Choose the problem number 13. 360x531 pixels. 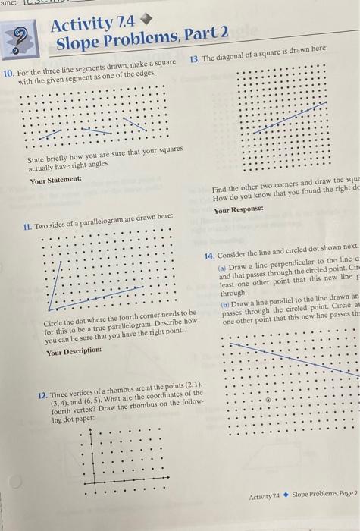click(195, 59)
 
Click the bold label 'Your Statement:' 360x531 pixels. click(55, 181)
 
